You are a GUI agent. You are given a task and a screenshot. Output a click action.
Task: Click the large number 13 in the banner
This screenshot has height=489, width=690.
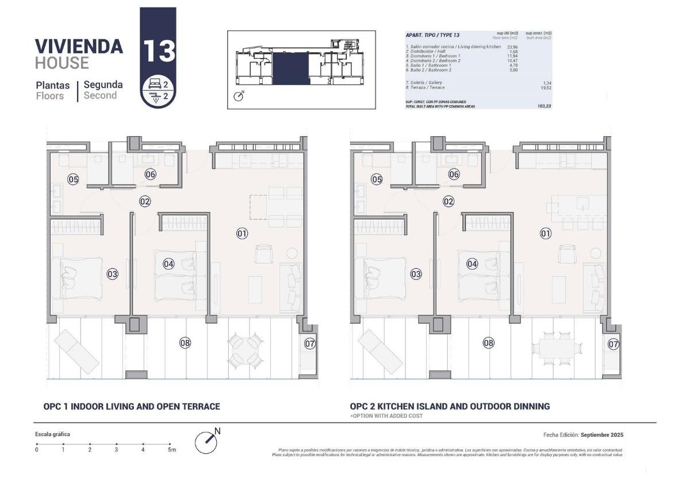(x=158, y=51)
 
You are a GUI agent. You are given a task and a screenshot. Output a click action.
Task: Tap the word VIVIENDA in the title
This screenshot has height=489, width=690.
(x=79, y=46)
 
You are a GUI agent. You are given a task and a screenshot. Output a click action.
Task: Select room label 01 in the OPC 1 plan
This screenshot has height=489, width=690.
(x=242, y=233)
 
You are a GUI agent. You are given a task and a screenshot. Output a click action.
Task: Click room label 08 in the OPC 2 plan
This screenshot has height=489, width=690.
(x=488, y=343)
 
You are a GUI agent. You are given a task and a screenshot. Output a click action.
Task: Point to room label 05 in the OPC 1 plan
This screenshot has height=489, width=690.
(x=73, y=179)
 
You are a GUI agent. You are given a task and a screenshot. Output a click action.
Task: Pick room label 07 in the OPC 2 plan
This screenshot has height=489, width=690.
(x=614, y=344)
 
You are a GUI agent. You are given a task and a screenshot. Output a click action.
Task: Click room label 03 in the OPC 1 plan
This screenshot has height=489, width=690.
(x=112, y=274)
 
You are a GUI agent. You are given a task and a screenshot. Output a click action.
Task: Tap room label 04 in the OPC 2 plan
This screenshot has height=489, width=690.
(x=472, y=264)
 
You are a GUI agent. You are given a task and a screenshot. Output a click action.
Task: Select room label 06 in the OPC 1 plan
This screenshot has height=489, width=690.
(x=150, y=174)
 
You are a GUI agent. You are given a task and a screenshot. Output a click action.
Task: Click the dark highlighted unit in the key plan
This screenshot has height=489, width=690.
(x=290, y=68)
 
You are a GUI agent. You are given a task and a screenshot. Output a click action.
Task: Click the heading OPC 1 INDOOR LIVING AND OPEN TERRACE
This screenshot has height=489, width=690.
(x=132, y=406)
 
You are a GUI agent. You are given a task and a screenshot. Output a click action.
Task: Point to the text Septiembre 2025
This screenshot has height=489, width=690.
(x=602, y=435)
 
